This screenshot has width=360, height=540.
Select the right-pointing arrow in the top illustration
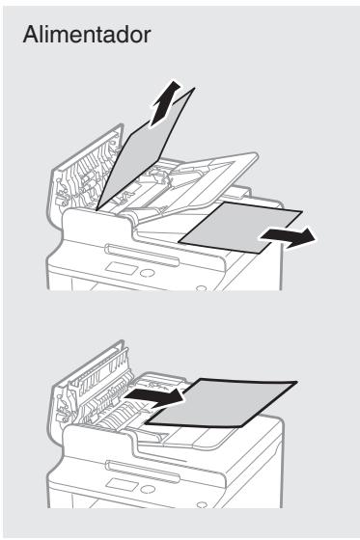point(294,235)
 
